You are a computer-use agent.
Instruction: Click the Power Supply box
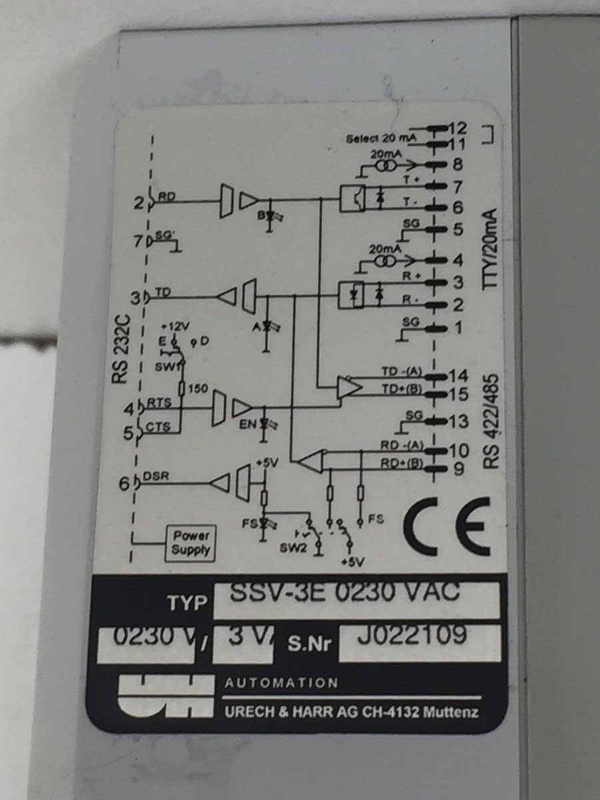[191, 543]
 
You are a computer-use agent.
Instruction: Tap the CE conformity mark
[446, 526]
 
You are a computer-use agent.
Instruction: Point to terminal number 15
[459, 394]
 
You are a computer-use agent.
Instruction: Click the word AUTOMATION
[281, 683]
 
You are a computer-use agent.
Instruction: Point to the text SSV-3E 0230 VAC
[344, 593]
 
